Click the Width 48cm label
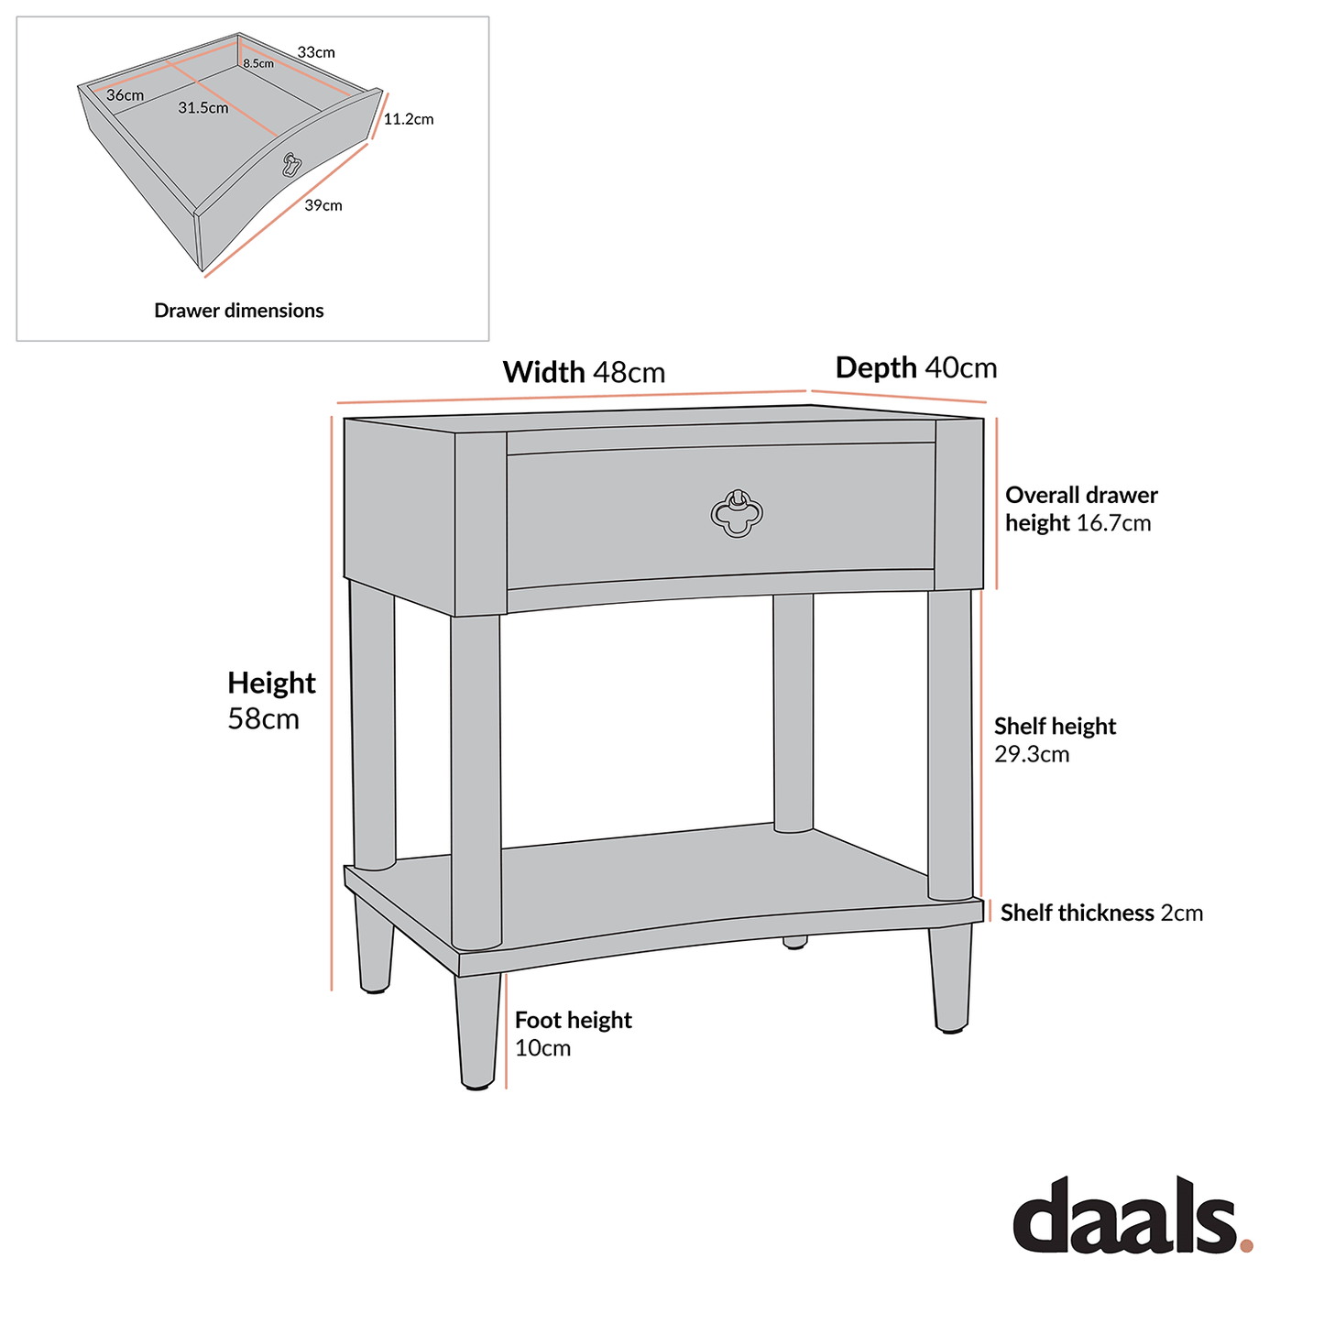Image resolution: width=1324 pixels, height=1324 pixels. pyautogui.click(x=584, y=373)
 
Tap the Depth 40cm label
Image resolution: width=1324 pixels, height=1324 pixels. pyautogui.click(x=915, y=368)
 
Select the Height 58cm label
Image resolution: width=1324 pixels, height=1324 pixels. pyautogui.click(x=271, y=700)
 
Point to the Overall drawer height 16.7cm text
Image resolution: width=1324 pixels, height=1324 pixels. pyautogui.click(x=1081, y=509)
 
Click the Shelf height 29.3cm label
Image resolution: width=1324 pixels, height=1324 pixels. pyautogui.click(x=1055, y=739)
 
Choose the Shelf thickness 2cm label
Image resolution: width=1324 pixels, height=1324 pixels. pyautogui.click(x=1101, y=913)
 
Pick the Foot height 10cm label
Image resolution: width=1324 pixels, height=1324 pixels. pyautogui.click(x=573, y=1034)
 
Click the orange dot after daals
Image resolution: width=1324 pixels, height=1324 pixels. pyautogui.click(x=1246, y=1245)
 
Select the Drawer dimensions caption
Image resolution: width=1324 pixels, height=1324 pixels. pyautogui.click(x=238, y=311)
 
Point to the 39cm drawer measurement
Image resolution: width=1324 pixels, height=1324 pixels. pyautogui.click(x=323, y=205)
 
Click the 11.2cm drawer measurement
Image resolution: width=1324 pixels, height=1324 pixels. pyautogui.click(x=409, y=119)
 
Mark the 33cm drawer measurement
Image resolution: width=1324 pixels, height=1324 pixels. pyautogui.click(x=316, y=52)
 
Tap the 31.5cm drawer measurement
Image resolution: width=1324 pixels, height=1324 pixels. pyautogui.click(x=203, y=108)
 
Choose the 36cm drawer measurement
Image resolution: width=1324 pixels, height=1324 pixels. pyautogui.click(x=125, y=95)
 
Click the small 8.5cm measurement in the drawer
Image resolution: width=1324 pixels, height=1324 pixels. pyautogui.click(x=258, y=64)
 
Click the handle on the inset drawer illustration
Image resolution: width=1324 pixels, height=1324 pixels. pyautogui.click(x=291, y=164)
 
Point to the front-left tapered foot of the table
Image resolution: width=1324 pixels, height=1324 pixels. pyautogui.click(x=478, y=1031)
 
